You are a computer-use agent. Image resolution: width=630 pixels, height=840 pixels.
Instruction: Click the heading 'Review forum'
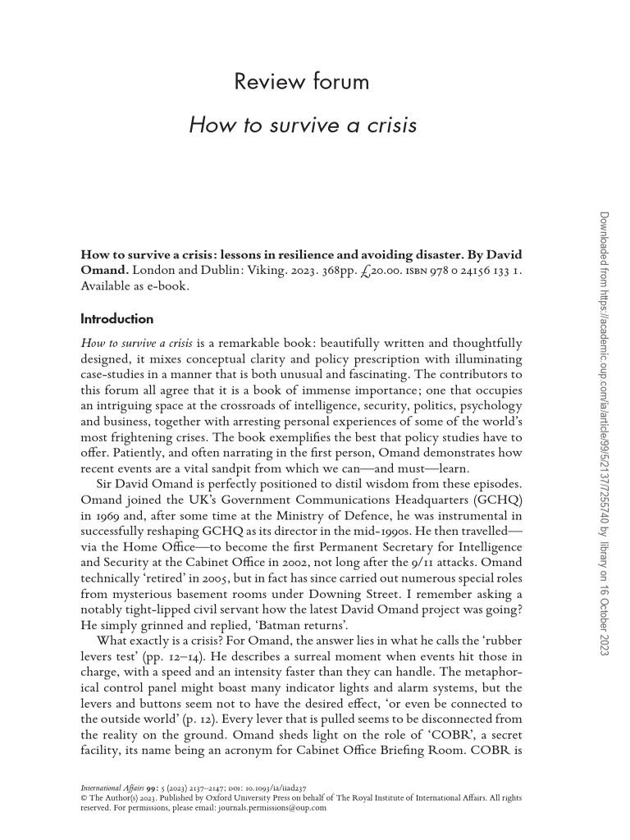click(302, 82)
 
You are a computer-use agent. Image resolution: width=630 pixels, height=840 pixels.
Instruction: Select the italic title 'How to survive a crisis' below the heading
click(303, 126)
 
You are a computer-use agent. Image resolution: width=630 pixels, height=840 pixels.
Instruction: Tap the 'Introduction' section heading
click(116, 318)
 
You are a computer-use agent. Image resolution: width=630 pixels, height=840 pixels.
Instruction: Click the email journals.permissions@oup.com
click(264, 807)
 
